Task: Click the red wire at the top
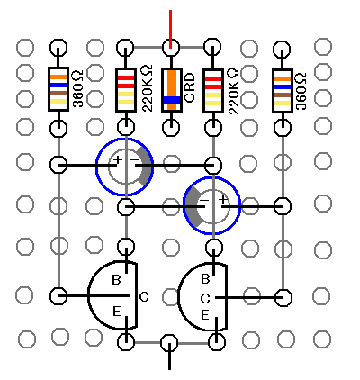170,29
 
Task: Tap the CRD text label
190,88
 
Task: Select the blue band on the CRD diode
172,100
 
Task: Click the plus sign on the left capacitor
118,159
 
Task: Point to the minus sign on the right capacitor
204,200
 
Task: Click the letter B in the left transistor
116,280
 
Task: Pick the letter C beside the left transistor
144,297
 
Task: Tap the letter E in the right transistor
204,315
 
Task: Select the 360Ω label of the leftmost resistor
78,89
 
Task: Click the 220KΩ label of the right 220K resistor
233,91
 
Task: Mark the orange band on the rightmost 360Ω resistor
283,79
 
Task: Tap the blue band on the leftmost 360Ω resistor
58,85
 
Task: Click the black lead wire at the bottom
169,357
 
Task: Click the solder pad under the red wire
171,48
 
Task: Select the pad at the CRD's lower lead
171,127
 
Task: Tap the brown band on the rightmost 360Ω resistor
283,95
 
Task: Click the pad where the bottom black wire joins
169,343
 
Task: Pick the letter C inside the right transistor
205,299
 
